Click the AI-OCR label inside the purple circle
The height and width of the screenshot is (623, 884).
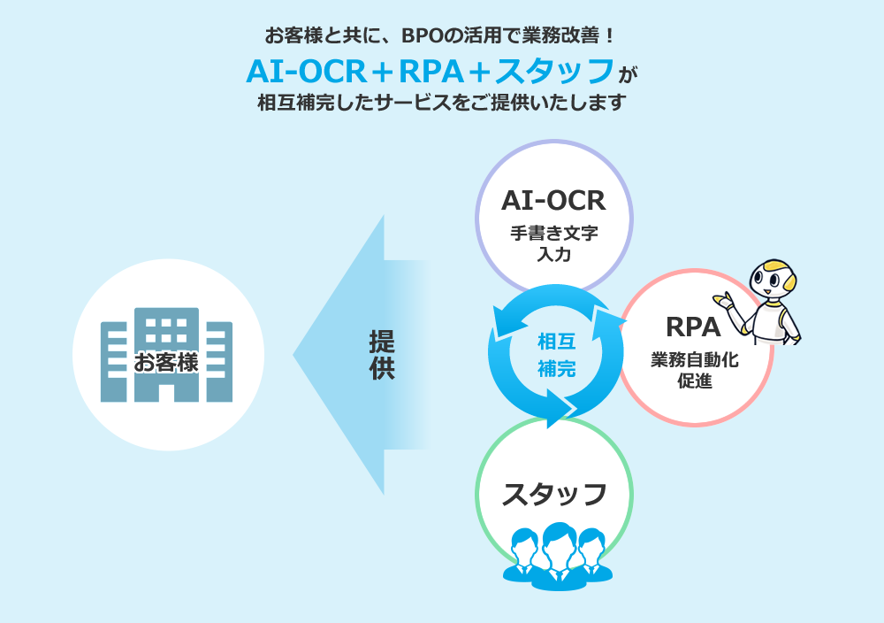pos(553,200)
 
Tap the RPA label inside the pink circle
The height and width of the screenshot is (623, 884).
pos(693,327)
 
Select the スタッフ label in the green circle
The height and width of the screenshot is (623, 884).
pos(554,495)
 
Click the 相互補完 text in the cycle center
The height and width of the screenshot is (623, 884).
pos(556,355)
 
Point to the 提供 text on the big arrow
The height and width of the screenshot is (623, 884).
pos(382,355)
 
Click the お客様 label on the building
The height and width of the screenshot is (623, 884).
pos(166,362)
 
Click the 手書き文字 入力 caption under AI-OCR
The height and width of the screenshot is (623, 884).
pos(553,243)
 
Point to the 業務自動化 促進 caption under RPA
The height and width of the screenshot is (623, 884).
pos(695,370)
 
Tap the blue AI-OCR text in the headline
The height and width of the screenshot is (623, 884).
pos(307,72)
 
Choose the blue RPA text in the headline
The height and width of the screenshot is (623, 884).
pos(431,72)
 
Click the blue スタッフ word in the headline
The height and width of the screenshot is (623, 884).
pos(554,71)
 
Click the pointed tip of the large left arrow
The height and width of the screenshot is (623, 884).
pos(293,355)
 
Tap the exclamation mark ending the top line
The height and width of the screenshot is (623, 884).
pos(609,36)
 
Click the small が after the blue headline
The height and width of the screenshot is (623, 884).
pos(628,74)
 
